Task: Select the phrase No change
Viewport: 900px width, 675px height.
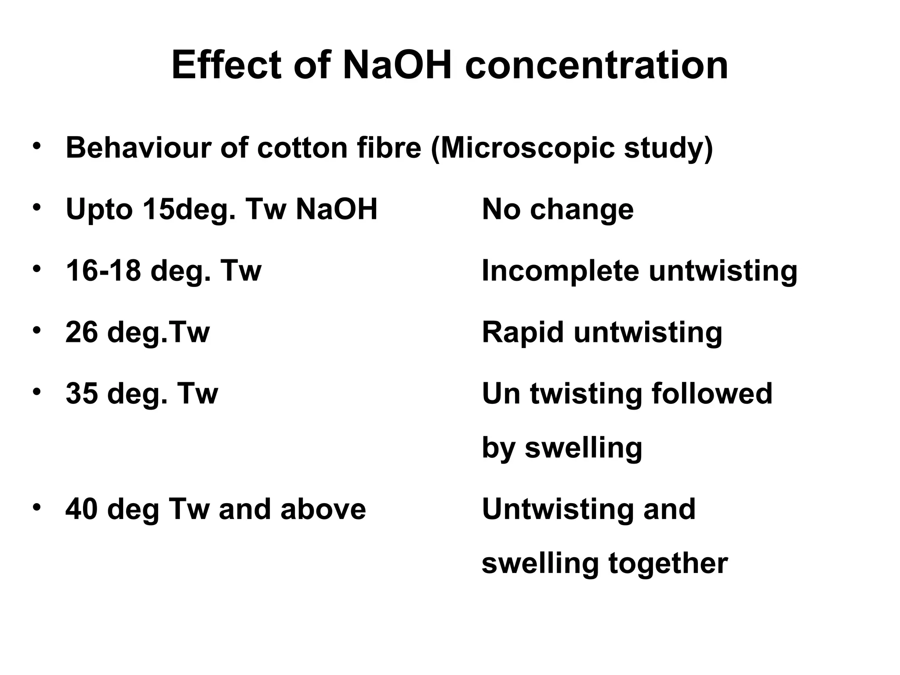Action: [558, 209]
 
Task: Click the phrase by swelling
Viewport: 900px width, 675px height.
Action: [562, 448]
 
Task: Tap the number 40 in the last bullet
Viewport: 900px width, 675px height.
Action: [82, 509]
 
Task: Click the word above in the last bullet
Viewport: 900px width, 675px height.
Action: [323, 509]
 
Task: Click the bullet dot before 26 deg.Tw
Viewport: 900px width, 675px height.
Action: [36, 330]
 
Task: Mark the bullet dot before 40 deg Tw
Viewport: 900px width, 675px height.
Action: [36, 507]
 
